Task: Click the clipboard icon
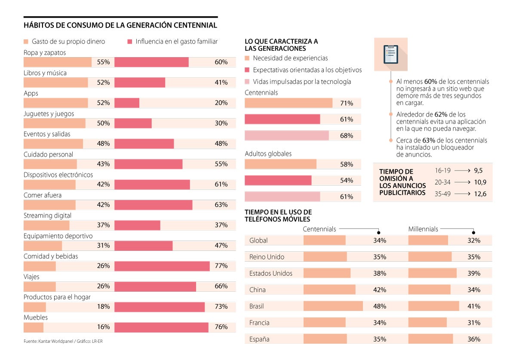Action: pyautogui.click(x=390, y=54)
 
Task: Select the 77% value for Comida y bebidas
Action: pyautogui.click(x=221, y=266)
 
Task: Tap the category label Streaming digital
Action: pyautogui.click(x=47, y=216)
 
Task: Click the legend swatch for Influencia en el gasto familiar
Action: pyautogui.click(x=129, y=42)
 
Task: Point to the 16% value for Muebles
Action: pyautogui.click(x=103, y=327)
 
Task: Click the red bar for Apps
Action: pyautogui.click(x=127, y=103)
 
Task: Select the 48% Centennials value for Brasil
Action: pyautogui.click(x=379, y=306)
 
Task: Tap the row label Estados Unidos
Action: pyautogui.click(x=270, y=273)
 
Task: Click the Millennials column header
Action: pyautogui.click(x=423, y=229)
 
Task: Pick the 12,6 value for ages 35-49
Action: pyautogui.click(x=480, y=194)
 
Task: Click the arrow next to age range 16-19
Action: pyautogui.click(x=462, y=171)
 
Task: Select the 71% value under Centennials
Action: pyautogui.click(x=346, y=103)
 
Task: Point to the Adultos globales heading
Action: pyautogui.click(x=268, y=154)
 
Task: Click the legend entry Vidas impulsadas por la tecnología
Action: pyautogui.click(x=302, y=82)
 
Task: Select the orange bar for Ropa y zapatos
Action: pyautogui.click(x=57, y=62)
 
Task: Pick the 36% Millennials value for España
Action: pyautogui.click(x=473, y=339)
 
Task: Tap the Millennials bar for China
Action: pyautogui.click(x=429, y=290)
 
